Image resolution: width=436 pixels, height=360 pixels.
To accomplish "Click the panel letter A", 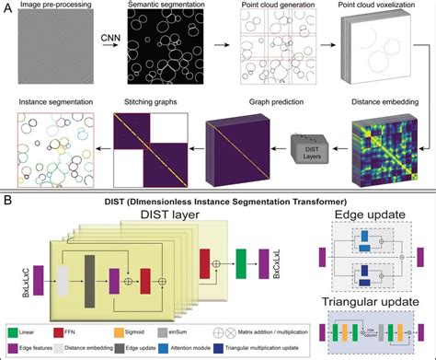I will coord(7,7).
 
